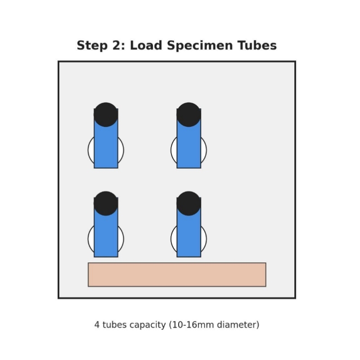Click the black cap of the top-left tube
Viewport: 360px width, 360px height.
(106, 114)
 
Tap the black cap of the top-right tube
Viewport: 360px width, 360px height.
(189, 114)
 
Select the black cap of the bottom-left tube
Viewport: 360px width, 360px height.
(106, 203)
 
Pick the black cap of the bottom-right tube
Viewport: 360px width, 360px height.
(189, 203)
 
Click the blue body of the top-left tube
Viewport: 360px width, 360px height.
(106, 146)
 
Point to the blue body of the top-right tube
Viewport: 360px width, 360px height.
(189, 146)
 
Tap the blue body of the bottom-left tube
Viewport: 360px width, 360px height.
(106, 235)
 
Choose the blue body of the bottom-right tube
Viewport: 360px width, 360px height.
(189, 235)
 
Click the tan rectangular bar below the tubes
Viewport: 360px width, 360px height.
(177, 274)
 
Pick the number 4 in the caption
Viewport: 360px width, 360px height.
(97, 324)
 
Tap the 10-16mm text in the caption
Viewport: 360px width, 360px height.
(192, 324)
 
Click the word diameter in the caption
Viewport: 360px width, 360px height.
(238, 324)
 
